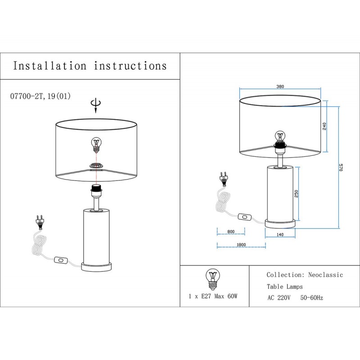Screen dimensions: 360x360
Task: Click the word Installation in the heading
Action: point(50,66)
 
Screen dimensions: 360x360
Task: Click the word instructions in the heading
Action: point(130,66)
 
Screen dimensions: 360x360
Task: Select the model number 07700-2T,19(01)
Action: point(40,96)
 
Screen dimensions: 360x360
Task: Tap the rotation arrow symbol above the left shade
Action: point(95,105)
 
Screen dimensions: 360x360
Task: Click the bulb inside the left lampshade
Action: point(95,144)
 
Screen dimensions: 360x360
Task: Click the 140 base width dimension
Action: point(280,234)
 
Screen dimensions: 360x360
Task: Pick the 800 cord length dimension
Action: point(231,232)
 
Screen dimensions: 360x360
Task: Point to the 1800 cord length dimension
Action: point(241,244)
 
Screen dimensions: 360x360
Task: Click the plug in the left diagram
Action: point(40,222)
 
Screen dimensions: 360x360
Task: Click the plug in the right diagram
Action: point(222,179)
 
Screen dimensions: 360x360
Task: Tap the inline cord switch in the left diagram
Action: point(61,260)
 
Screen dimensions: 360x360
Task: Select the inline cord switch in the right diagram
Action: point(245,217)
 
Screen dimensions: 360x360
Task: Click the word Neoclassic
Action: point(326,275)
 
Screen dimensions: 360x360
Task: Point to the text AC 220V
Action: point(279,298)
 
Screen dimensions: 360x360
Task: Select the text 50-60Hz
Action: point(312,298)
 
